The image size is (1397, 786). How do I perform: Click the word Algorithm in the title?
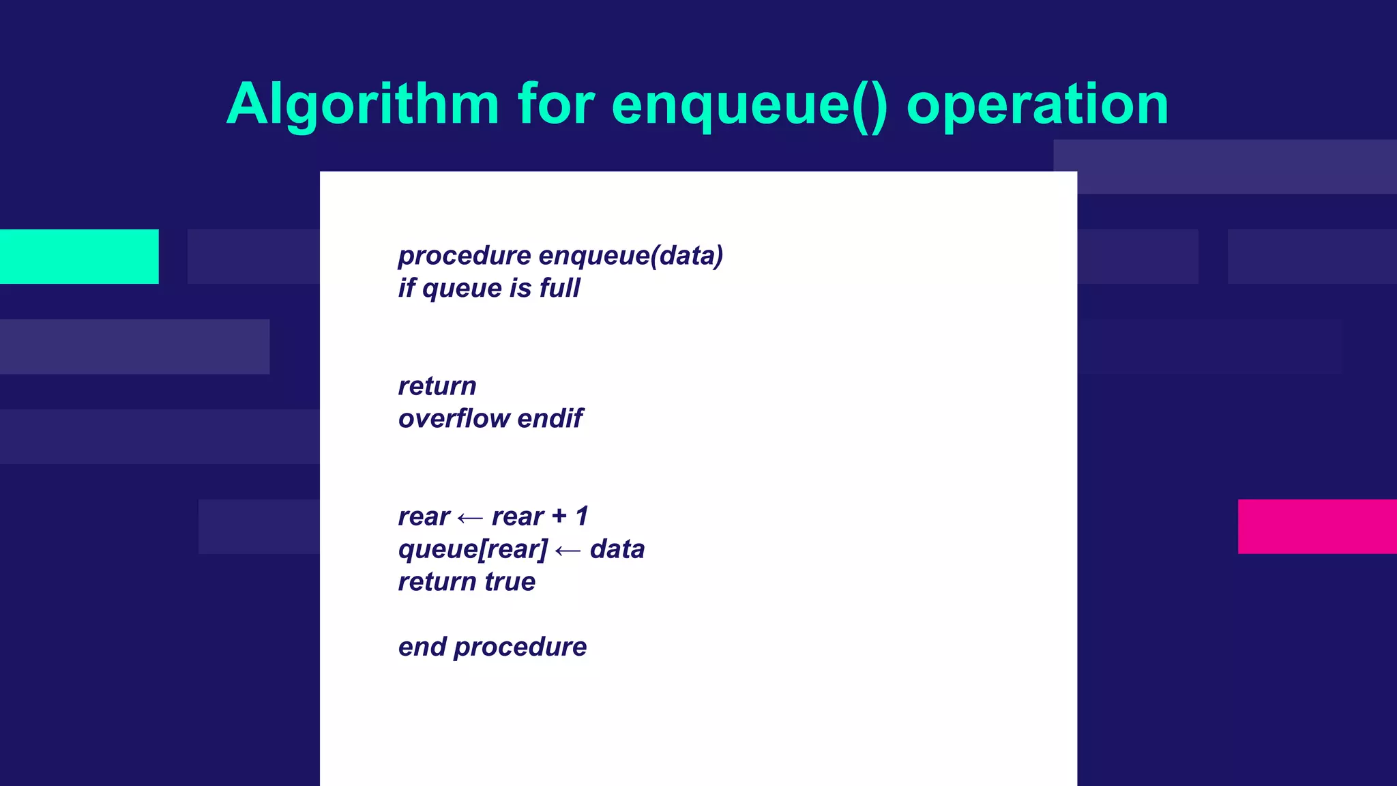[x=363, y=104]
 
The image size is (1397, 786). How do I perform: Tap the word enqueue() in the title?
[x=750, y=104]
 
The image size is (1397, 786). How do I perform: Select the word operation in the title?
[x=1038, y=104]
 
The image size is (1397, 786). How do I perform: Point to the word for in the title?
[x=556, y=104]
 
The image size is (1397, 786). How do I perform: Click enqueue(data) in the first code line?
[x=630, y=256]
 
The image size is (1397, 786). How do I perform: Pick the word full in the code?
[x=559, y=288]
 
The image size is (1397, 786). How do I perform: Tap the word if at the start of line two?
[x=407, y=288]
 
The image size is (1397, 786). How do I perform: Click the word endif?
[x=550, y=418]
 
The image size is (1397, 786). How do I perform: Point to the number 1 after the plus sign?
[x=582, y=516]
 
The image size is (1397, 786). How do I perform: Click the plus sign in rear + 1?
[x=559, y=516]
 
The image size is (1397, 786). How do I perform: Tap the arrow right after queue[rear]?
[x=568, y=550]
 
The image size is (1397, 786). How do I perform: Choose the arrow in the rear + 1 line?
[x=470, y=518]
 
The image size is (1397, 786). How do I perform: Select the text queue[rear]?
[x=473, y=549]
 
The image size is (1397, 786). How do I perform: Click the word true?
[x=510, y=582]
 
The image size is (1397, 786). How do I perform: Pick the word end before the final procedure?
[x=422, y=647]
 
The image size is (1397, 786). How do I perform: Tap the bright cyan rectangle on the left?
[x=79, y=257]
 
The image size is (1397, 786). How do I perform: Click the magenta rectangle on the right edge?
[x=1317, y=526]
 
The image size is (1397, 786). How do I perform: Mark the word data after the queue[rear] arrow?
[x=617, y=549]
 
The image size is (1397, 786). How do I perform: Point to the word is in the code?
[x=520, y=288]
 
